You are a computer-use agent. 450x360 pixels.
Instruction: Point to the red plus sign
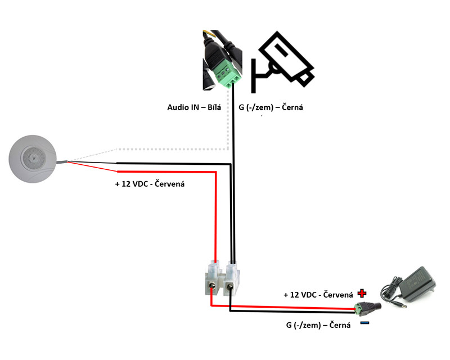[x=362, y=293]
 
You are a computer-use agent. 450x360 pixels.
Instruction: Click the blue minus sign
[x=364, y=323]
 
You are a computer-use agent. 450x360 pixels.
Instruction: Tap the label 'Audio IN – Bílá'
[x=195, y=107]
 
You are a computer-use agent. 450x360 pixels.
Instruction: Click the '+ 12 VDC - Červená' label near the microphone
[x=150, y=183]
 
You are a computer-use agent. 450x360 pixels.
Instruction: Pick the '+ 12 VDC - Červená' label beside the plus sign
[x=318, y=295]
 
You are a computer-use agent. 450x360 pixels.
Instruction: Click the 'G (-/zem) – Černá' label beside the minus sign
[x=318, y=325]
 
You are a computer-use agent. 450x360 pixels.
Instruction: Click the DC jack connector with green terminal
[x=368, y=308]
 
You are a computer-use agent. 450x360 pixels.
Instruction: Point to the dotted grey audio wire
[x=169, y=150]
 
